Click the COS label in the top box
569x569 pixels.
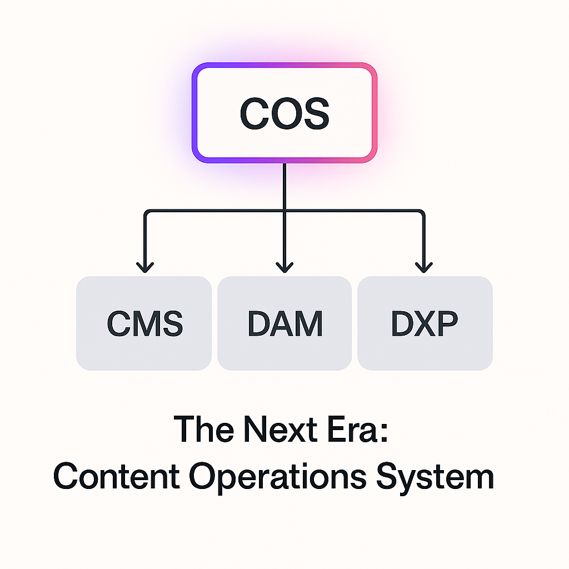point(284,113)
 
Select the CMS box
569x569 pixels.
point(144,323)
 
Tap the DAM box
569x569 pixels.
point(284,323)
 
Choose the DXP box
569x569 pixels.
point(425,323)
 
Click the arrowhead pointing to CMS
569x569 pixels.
point(144,267)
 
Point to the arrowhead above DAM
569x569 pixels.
point(284,267)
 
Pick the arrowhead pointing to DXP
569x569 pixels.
point(424,267)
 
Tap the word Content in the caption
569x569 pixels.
point(117,476)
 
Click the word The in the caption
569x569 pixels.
point(198,430)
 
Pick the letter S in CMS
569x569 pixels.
point(171,323)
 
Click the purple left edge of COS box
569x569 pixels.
point(194,113)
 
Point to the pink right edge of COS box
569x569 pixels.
point(375,113)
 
